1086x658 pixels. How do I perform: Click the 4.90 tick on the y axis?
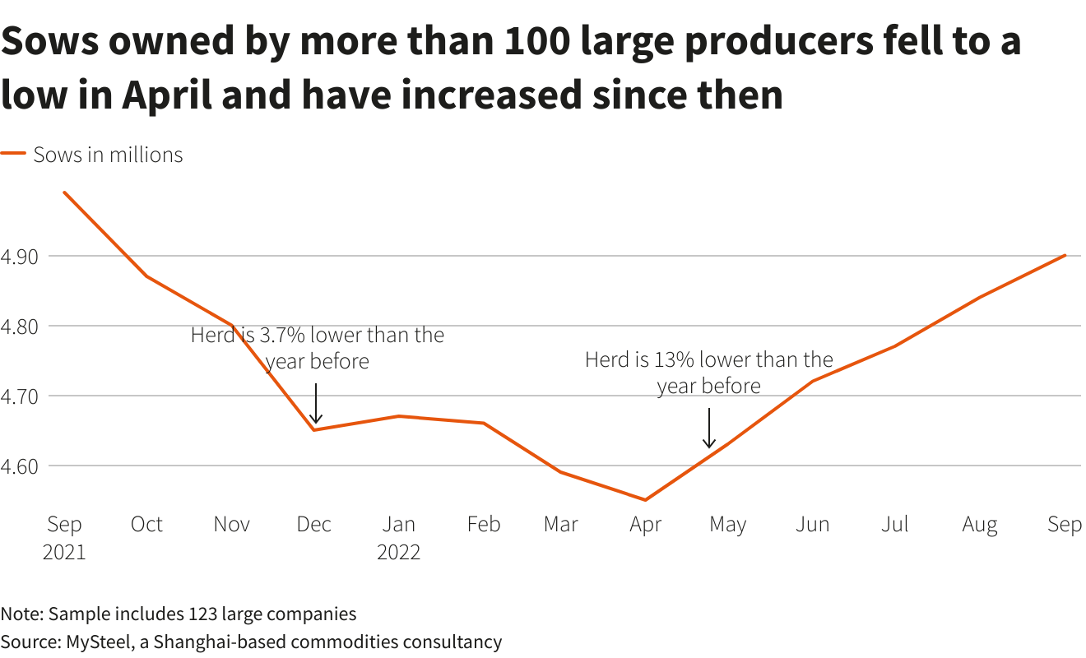click(20, 257)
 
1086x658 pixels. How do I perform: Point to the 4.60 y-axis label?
click(20, 466)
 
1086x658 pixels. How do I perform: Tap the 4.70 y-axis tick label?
click(20, 396)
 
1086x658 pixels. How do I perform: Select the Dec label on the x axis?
click(314, 525)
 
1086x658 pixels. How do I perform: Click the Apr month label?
click(646, 525)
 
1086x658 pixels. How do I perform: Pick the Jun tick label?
click(812, 525)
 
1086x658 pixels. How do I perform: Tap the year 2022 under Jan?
click(399, 552)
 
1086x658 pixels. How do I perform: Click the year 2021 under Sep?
click(64, 552)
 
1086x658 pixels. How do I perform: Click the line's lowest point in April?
click(646, 500)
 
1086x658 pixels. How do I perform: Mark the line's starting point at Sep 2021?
click(64, 192)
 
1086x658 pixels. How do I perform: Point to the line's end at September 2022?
click(1065, 255)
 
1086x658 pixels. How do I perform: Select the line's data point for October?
click(147, 276)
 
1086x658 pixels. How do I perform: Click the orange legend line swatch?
click(14, 154)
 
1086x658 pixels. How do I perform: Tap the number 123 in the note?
click(204, 614)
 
